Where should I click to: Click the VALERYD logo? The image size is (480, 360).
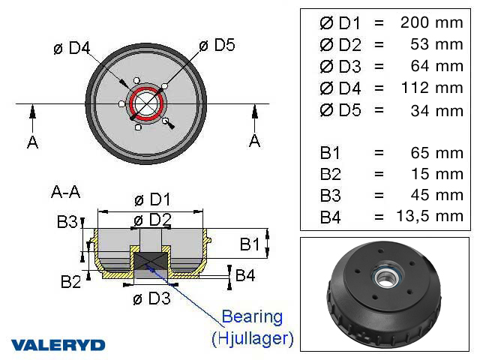(x=58, y=345)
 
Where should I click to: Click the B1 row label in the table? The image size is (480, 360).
(x=330, y=153)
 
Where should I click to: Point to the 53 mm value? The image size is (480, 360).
(x=438, y=44)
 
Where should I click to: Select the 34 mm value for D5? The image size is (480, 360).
(x=438, y=111)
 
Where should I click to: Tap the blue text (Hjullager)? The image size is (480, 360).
(x=252, y=338)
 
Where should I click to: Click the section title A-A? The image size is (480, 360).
(x=65, y=192)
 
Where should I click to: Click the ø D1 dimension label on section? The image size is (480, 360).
(x=152, y=200)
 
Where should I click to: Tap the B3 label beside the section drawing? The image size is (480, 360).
(x=67, y=222)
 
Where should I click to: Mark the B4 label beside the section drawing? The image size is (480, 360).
(x=245, y=275)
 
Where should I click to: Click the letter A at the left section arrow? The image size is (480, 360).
(x=32, y=142)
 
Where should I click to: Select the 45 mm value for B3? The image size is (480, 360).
(x=438, y=195)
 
